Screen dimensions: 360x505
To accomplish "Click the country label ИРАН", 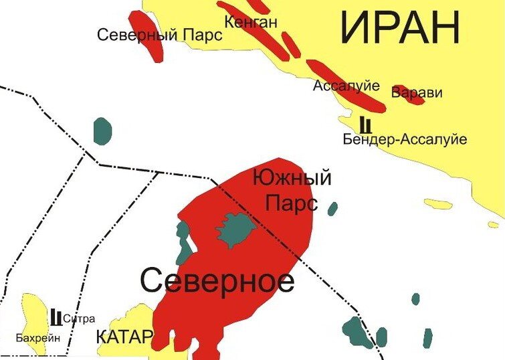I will pos(400,29).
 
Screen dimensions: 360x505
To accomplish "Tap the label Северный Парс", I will pos(159,35).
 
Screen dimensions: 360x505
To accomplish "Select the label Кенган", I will pos(250,22).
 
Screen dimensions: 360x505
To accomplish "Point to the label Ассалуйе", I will pos(346,86).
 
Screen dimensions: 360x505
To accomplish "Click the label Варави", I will pos(417,92).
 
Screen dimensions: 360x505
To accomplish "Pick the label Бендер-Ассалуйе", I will pos(404,139).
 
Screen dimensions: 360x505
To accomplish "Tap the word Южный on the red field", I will pos(292,179).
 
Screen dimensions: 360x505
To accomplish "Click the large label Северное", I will pos(217,281).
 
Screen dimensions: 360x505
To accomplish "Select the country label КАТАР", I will pos(124,337).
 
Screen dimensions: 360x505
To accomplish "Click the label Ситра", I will pos(79,319).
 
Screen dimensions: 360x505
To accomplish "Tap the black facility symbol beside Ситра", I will pos(56,316).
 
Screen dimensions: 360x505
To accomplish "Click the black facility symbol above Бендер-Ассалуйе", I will pos(365,124).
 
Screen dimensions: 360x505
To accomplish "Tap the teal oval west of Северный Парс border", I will pos(102,130).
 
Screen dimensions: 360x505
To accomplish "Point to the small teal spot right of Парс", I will pos(332,208).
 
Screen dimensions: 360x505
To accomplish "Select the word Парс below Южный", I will pos(291,203).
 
